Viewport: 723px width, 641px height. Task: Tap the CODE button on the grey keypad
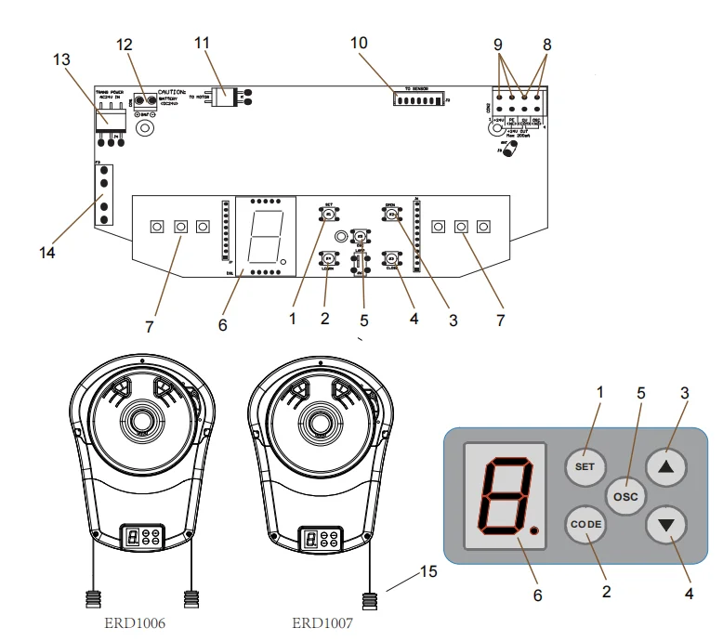click(585, 524)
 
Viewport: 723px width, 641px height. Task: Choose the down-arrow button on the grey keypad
click(666, 524)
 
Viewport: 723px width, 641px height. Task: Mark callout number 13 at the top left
click(61, 59)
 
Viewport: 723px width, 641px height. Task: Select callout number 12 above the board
click(124, 45)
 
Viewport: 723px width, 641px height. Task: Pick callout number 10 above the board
click(359, 42)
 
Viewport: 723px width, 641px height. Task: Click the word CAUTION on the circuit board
click(175, 91)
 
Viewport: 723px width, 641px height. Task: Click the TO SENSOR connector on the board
click(423, 97)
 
